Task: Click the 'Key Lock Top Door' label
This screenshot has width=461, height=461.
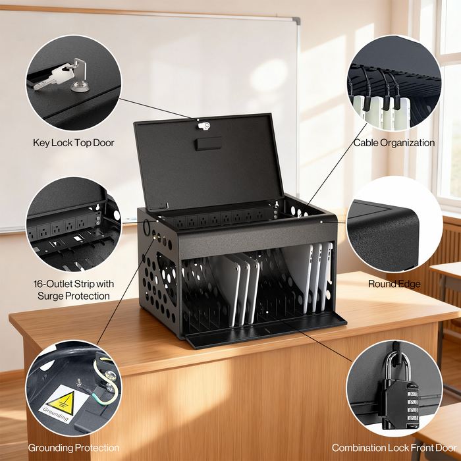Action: pyautogui.click(x=73, y=143)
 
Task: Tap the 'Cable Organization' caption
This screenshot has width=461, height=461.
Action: pyautogui.click(x=394, y=143)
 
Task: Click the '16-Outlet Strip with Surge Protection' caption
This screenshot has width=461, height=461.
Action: pyautogui.click(x=73, y=290)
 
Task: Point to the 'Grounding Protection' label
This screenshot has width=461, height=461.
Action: pyautogui.click(x=73, y=448)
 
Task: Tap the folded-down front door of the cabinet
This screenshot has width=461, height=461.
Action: pyautogui.click(x=263, y=329)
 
